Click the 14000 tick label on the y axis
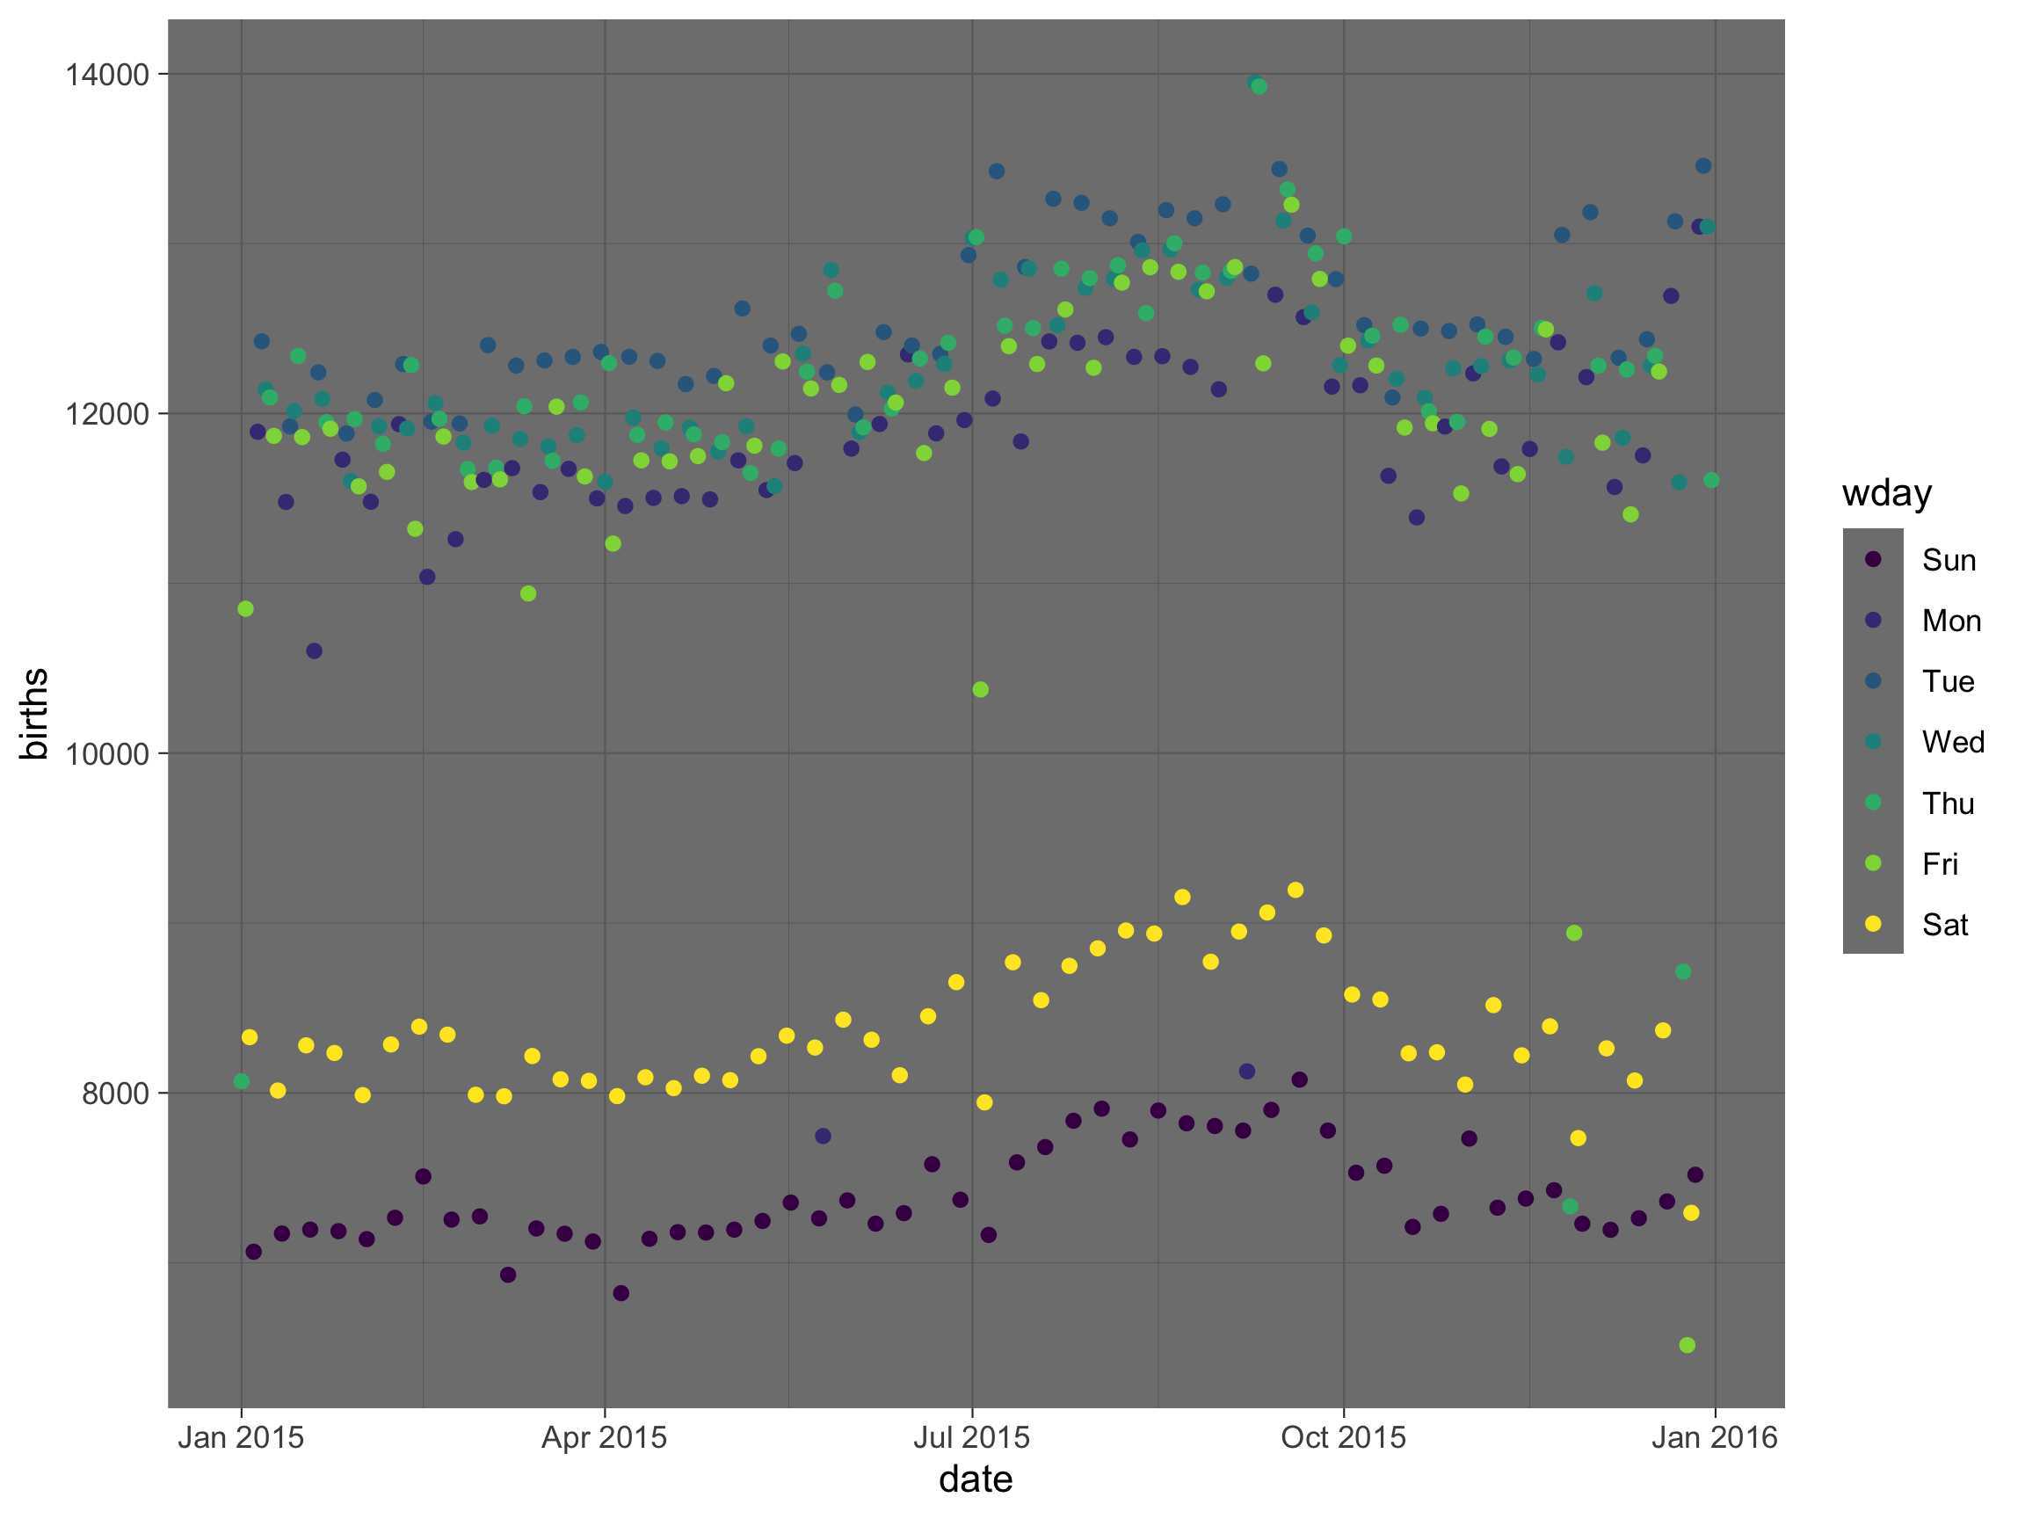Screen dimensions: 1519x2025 107,74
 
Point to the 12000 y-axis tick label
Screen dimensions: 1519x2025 107,414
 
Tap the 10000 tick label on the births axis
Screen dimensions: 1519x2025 107,753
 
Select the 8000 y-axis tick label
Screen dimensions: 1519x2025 115,1094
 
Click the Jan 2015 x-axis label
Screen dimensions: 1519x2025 241,1437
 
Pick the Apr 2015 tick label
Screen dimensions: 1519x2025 604,1437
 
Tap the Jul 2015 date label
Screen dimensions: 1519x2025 971,1437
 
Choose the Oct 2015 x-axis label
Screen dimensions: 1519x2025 1343,1437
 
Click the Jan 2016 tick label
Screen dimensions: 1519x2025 1714,1437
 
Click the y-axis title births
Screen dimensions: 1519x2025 35,714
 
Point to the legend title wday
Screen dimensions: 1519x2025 1887,493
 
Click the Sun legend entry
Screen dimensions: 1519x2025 1949,559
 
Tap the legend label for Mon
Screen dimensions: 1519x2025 1951,621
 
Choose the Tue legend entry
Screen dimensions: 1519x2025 1947,681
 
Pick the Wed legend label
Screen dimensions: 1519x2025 1953,742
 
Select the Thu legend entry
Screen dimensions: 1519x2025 1947,803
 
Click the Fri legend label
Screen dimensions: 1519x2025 1939,863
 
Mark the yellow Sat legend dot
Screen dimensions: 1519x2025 1873,924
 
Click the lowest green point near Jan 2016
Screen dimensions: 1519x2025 1687,1345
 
